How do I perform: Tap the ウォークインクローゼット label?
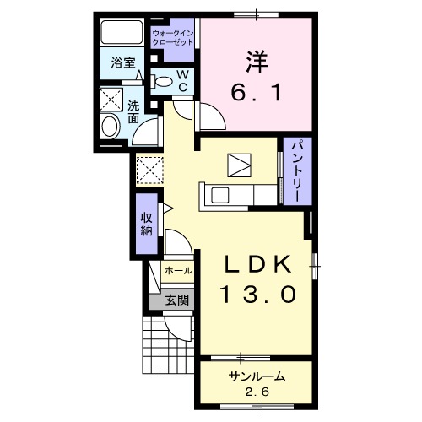172,38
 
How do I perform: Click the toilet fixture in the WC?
161,81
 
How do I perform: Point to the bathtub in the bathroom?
122,34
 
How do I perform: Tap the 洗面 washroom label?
134,113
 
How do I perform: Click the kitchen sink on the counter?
222,196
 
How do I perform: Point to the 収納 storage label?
145,221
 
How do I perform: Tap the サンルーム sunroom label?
254,377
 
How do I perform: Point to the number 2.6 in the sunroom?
254,392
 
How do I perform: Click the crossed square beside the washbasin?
109,100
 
